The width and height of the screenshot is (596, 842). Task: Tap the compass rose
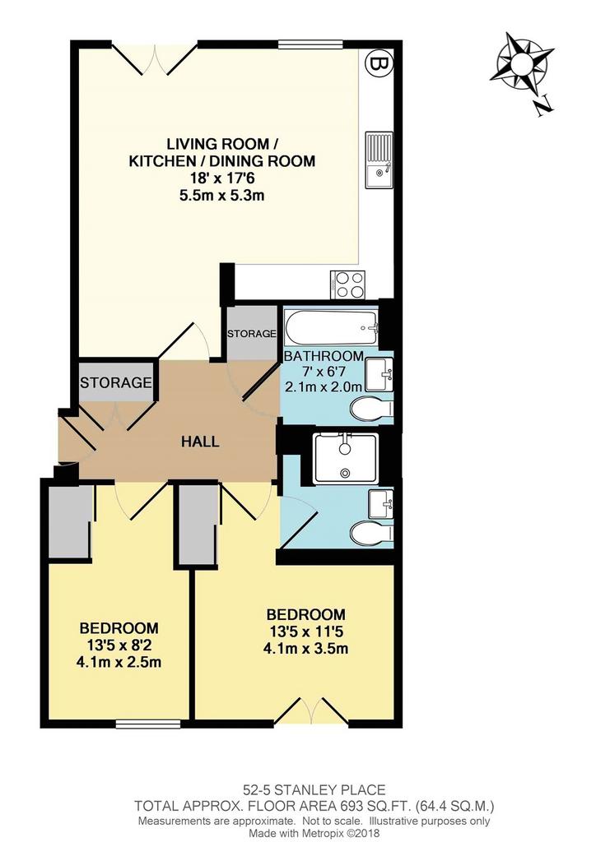pos(521,62)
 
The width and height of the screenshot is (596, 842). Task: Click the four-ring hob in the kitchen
pos(349,284)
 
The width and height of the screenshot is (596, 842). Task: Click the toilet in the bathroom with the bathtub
pos(370,409)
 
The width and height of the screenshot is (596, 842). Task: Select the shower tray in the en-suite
pos(346,458)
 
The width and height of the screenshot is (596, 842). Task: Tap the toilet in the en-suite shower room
pos(370,534)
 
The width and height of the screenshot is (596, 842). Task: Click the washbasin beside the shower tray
pos(380,503)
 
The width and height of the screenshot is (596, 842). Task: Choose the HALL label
pos(200,442)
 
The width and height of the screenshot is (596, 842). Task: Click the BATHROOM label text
pos(324,356)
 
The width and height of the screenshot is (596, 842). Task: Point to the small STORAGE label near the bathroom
pos(252,334)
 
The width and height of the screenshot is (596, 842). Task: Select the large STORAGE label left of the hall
pos(115,383)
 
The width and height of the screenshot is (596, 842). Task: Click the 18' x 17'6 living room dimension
pos(222,178)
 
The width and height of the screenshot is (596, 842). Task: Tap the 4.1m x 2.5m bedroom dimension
pos(119,662)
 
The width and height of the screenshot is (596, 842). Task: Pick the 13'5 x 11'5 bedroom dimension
pos(305,631)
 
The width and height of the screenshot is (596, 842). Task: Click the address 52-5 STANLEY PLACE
pos(314,789)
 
